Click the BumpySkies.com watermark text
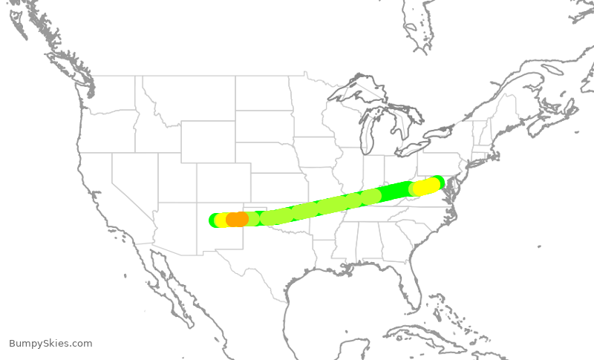point(50,344)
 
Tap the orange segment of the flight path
point(237,219)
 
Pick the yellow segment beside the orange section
point(222,220)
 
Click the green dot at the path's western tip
point(214,220)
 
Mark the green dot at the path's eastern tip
point(439,181)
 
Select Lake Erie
point(413,148)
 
